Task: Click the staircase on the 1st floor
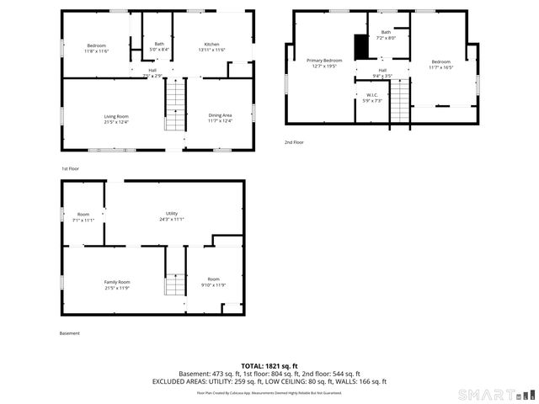point(174,106)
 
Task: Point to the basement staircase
point(174,286)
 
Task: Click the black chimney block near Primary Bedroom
point(360,47)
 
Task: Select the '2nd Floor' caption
point(294,142)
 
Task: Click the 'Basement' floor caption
point(70,333)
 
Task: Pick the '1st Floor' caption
point(70,168)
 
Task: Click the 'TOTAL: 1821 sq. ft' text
point(269,366)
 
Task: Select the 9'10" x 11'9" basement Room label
point(214,282)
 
